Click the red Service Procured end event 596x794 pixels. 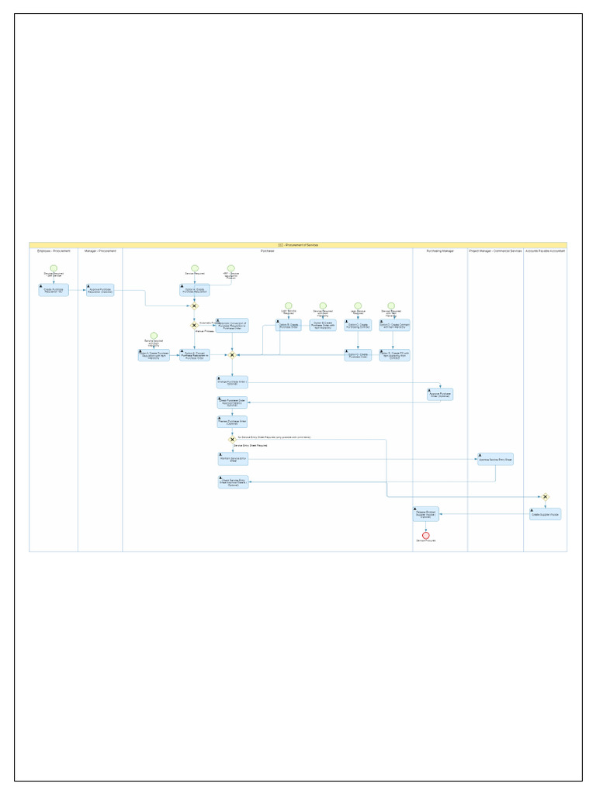(425, 534)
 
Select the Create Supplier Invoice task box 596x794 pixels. (546, 513)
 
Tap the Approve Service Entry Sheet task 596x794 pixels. (495, 458)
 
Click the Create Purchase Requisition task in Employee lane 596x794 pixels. (54, 289)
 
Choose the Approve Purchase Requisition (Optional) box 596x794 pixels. (101, 289)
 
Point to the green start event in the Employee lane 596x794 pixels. (54, 268)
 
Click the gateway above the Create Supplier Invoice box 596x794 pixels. (546, 496)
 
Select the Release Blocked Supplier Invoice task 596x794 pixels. (425, 513)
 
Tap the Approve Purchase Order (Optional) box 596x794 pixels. (440, 394)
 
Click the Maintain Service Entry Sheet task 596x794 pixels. (233, 459)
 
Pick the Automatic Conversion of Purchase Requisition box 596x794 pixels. (233, 326)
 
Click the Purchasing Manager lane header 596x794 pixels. (440, 251)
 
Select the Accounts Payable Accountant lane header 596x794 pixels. (546, 251)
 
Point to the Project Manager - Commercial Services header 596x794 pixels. (495, 251)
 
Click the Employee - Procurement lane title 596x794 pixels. (54, 251)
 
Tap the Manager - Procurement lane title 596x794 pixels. (100, 251)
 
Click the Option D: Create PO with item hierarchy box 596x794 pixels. (394, 354)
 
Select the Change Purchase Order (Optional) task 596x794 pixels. (232, 381)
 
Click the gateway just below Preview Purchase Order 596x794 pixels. (231, 440)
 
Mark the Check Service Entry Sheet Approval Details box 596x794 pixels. (233, 482)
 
